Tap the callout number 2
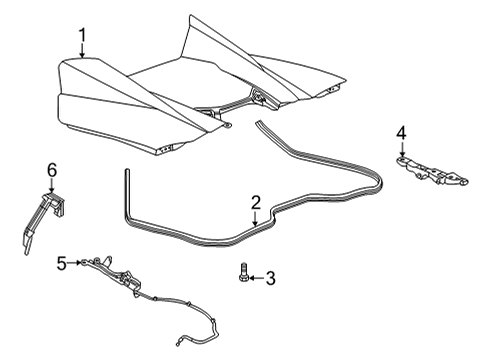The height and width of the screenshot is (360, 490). [x=256, y=202]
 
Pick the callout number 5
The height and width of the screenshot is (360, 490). [x=61, y=263]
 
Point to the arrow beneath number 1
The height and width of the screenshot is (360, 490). [x=83, y=55]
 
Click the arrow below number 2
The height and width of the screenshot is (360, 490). [x=256, y=219]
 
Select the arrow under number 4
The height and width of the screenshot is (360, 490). [x=401, y=147]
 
